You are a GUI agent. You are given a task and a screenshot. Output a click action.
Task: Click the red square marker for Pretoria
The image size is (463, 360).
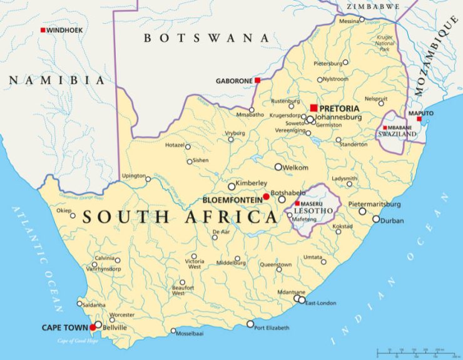(x=313, y=108)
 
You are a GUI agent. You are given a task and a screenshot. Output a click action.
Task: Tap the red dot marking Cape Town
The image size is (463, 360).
(x=93, y=327)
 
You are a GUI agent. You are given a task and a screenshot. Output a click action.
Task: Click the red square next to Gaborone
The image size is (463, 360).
(x=257, y=80)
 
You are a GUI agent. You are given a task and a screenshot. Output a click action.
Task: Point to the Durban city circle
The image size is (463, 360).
(x=376, y=219)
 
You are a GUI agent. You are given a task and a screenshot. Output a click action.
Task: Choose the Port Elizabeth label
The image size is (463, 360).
(x=272, y=328)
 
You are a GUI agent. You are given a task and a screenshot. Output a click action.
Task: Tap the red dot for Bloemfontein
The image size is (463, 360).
(x=266, y=197)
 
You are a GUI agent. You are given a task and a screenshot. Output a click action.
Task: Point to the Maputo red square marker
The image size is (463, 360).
(x=419, y=120)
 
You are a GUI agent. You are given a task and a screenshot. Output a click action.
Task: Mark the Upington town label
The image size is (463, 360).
(x=133, y=175)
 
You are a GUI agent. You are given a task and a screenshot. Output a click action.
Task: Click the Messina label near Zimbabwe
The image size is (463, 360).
(x=349, y=21)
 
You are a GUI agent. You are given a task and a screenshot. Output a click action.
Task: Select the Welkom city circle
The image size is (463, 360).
(x=278, y=167)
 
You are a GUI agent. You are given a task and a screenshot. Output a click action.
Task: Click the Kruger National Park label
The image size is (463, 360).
(x=385, y=43)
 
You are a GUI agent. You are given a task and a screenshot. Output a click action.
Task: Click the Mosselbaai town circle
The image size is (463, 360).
(x=173, y=331)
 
